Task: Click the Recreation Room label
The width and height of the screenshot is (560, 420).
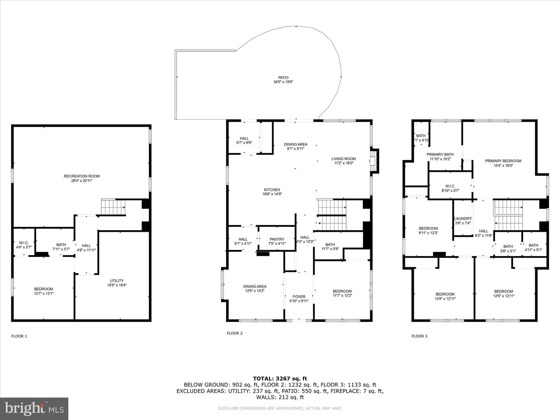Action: (82, 178)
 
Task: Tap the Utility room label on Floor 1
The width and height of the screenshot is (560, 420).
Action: (117, 283)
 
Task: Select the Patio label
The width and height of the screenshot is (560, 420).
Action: (283, 80)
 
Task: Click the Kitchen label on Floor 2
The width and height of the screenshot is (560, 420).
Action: (272, 192)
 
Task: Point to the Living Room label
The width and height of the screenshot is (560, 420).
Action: (344, 161)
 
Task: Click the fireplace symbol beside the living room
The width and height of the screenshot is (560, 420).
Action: (374, 160)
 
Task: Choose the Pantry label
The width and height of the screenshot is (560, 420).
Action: (277, 241)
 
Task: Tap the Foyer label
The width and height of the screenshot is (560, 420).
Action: (299, 299)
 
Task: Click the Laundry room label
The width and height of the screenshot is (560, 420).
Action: (463, 220)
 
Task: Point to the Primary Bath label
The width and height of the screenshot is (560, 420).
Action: (440, 156)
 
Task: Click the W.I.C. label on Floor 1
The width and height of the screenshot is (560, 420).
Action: (24, 245)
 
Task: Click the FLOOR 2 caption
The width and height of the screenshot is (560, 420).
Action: (234, 333)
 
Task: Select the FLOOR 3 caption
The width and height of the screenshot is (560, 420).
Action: (419, 336)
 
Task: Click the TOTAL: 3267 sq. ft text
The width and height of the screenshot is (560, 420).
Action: (280, 378)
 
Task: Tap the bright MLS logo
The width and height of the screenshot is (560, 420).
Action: (34, 408)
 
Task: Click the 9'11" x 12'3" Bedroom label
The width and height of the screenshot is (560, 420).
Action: (428, 231)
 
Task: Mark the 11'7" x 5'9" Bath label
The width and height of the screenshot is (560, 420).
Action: (330, 247)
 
